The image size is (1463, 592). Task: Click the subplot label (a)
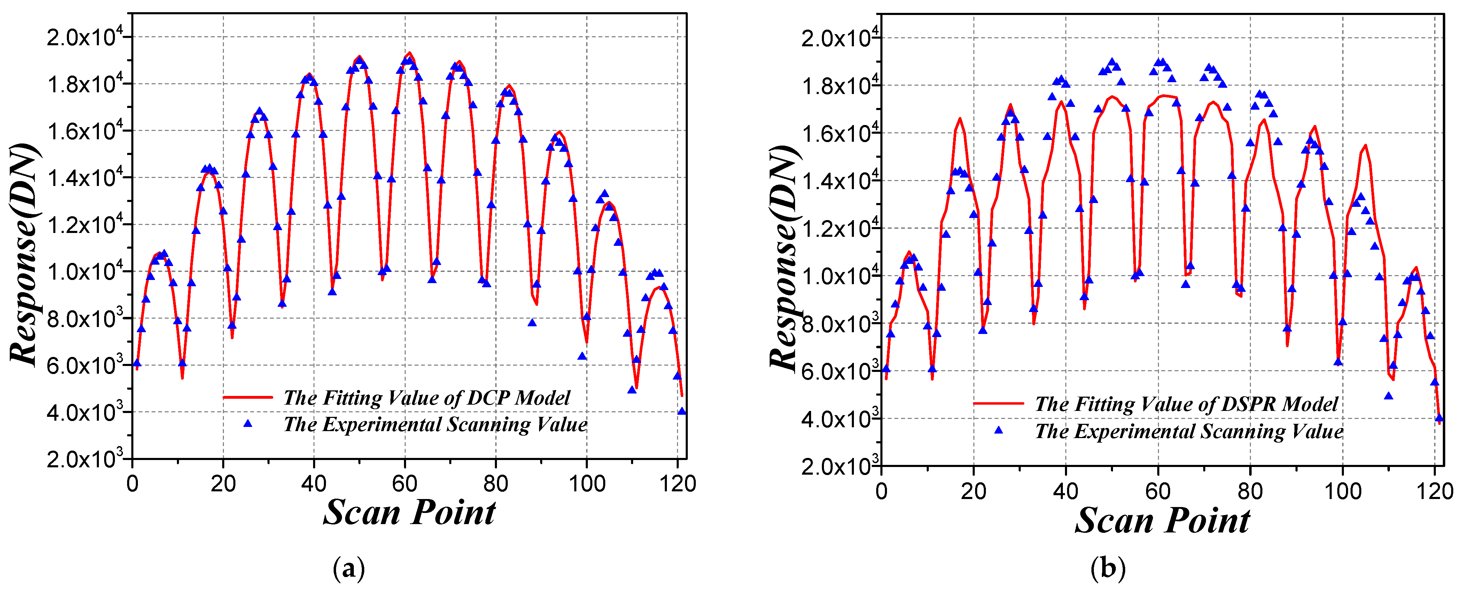349,568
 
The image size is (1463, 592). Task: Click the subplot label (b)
1107,568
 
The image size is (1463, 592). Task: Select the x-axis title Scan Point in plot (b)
1162,520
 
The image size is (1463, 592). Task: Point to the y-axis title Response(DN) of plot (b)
784,258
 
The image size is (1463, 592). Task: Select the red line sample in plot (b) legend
998,403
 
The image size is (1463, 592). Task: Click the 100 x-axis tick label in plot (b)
1343,491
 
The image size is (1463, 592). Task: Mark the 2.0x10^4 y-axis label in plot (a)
84,38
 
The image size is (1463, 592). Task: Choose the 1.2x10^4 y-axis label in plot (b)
839,228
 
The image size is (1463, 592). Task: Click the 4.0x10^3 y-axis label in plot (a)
84,412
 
